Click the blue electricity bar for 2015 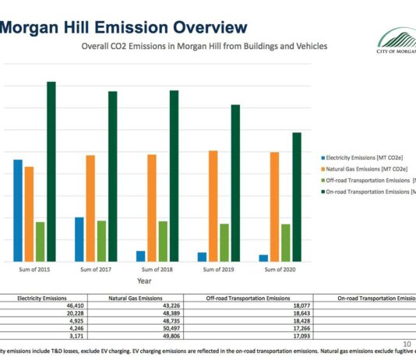[x=18, y=210]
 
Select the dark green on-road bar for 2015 [x=51, y=171]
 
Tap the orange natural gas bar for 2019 [x=213, y=206]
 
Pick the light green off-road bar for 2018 [x=163, y=241]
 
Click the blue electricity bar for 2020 [x=263, y=258]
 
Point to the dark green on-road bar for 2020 [x=296, y=196]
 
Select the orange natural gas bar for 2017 [x=90, y=208]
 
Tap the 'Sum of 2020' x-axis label [x=280, y=270]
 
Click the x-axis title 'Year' [x=144, y=281]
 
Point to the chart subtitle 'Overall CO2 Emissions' [x=204, y=47]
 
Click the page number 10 [x=407, y=344]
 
